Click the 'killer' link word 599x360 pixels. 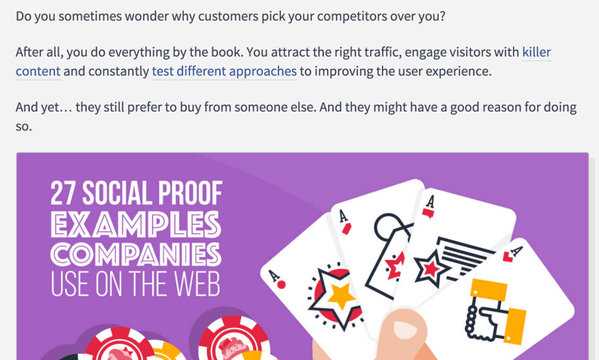536,52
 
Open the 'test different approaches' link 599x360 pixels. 224,71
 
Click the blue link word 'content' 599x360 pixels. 38,71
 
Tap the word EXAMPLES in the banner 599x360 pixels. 136,224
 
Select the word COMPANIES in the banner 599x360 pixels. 136,254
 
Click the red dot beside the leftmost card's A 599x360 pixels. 281,284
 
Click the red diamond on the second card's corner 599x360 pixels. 346,229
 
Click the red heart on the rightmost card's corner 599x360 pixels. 508,257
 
